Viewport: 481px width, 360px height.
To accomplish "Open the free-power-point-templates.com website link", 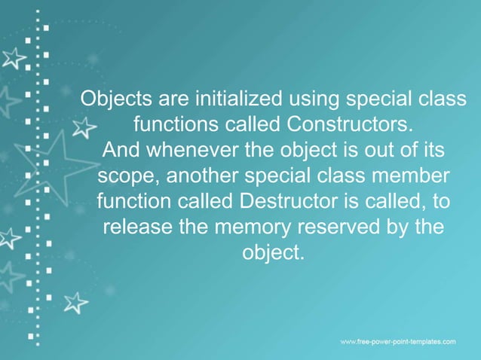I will click(398, 342).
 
